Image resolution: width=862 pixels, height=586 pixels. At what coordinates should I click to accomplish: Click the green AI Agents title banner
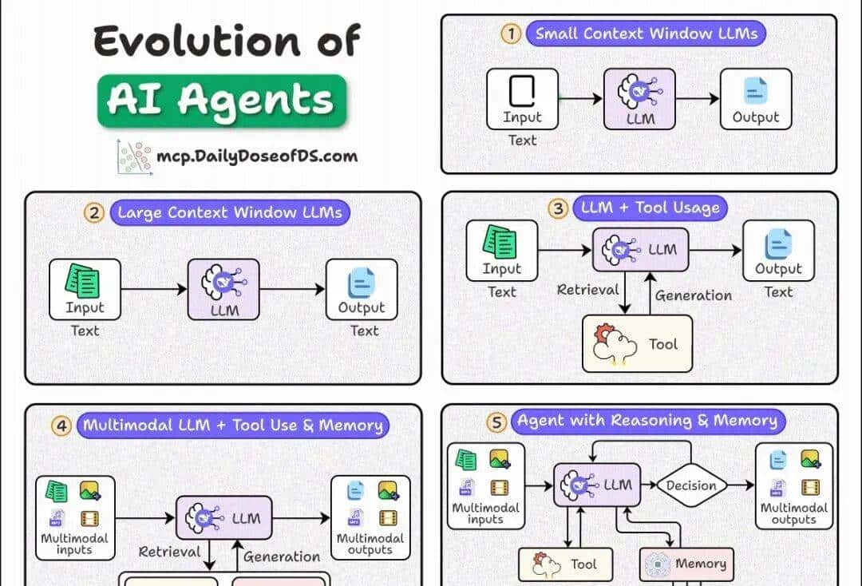coord(222,101)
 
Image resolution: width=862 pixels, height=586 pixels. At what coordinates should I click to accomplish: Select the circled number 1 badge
coord(510,34)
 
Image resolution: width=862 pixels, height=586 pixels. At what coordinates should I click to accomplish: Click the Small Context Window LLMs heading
coord(646,34)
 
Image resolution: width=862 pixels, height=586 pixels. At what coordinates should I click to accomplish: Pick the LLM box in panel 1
coord(639,99)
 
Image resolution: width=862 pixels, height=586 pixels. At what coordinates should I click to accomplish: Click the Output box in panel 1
coord(755,99)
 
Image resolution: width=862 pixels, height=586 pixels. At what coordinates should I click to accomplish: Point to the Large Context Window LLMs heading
coord(230,212)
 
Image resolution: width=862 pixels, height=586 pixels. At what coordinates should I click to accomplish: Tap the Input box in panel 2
coord(85,289)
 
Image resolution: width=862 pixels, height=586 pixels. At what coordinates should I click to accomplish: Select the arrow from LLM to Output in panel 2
coord(292,289)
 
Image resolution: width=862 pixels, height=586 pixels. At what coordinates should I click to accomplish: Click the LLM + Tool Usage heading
coord(650,208)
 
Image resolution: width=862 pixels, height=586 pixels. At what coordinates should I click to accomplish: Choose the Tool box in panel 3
coord(638,344)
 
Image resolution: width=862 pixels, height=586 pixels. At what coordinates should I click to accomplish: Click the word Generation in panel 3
coord(693,295)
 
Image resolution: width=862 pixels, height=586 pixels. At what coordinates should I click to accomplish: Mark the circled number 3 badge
coord(558,208)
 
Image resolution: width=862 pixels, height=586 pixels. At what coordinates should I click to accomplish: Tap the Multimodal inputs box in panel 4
coord(75,517)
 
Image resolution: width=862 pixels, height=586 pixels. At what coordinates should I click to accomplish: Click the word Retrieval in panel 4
coord(169,552)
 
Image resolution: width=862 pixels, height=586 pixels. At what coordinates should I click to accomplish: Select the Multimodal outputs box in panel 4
coord(370,517)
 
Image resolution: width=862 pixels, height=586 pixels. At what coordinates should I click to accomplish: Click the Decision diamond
coord(691,485)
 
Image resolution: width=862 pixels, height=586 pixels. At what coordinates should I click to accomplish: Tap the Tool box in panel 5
coord(567,564)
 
